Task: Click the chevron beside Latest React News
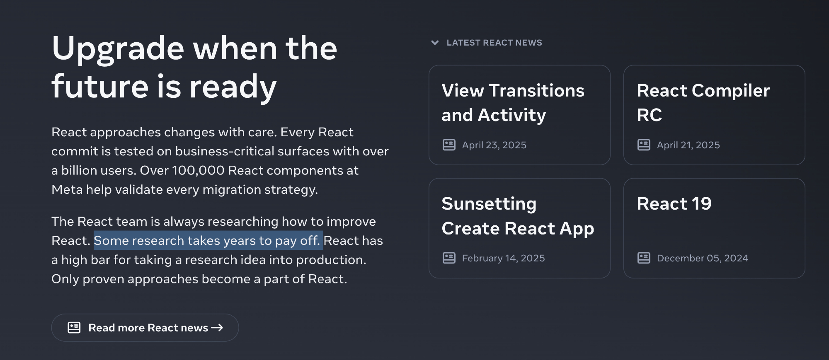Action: [x=435, y=43]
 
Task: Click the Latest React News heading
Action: [x=494, y=43]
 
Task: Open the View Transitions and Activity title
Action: [x=513, y=103]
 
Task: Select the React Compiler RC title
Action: [x=703, y=103]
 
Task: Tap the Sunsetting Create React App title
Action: [x=518, y=216]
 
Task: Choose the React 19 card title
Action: [x=674, y=204]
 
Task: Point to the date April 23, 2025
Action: [x=494, y=145]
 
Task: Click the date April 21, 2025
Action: [x=688, y=145]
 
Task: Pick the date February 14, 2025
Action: [x=504, y=258]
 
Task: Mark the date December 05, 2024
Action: [x=703, y=258]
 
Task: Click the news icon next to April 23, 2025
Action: [x=449, y=145]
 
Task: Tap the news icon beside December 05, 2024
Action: [x=644, y=258]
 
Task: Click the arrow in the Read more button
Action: [x=217, y=328]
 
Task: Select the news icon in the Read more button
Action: [x=74, y=328]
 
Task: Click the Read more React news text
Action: [x=148, y=328]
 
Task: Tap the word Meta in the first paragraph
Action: [x=66, y=189]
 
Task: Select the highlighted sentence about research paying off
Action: [x=208, y=240]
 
